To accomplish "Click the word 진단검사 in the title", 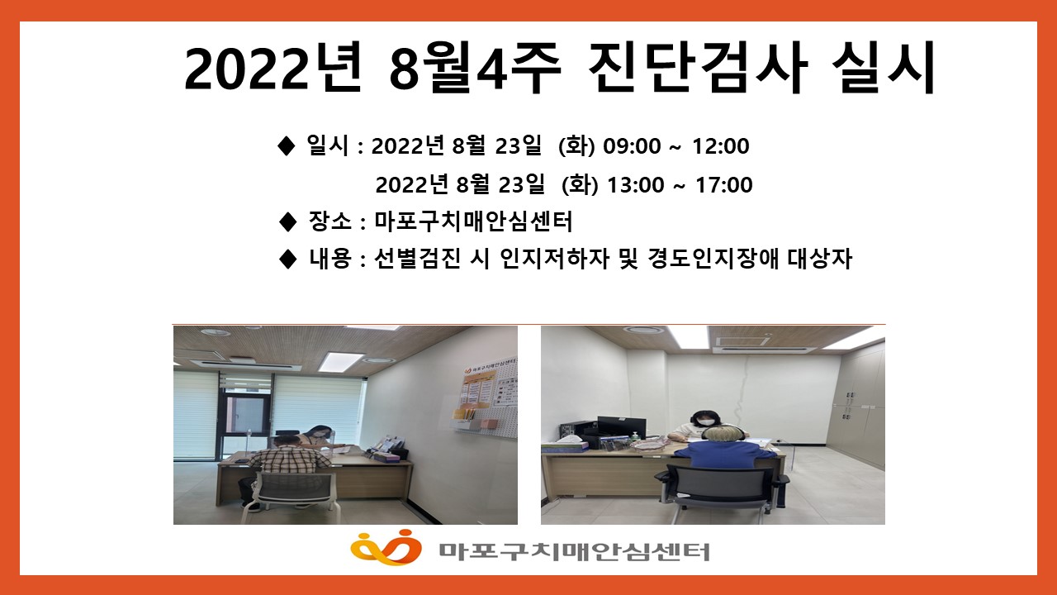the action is point(695,67).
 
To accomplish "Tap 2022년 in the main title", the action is point(273,69).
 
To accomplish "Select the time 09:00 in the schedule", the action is point(632,146).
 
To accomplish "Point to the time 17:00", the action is point(724,184).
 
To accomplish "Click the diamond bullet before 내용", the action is point(287,259).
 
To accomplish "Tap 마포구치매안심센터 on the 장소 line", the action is point(473,221).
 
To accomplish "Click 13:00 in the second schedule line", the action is point(636,184).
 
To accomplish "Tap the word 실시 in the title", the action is point(882,67).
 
